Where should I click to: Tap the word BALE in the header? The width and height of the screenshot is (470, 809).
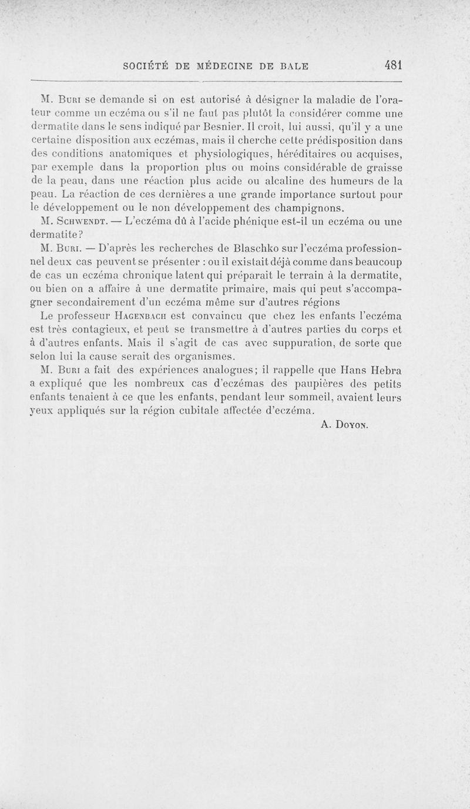293,66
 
